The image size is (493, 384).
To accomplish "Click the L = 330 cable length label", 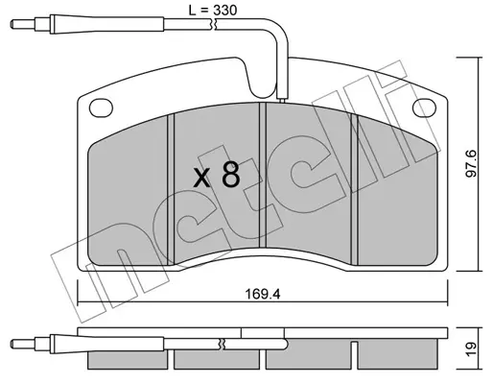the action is coord(213,11).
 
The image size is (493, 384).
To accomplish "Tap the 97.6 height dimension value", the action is coord(471,163).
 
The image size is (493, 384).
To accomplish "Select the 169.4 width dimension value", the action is coord(263,294).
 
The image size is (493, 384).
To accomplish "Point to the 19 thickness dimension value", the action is coord(471,349).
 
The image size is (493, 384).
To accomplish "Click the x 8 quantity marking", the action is coord(217,175).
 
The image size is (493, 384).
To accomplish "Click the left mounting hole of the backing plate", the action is coord(101,108).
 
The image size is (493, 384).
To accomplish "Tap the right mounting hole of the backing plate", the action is coord(424,108).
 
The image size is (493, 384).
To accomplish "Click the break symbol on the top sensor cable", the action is coord(213,25).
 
